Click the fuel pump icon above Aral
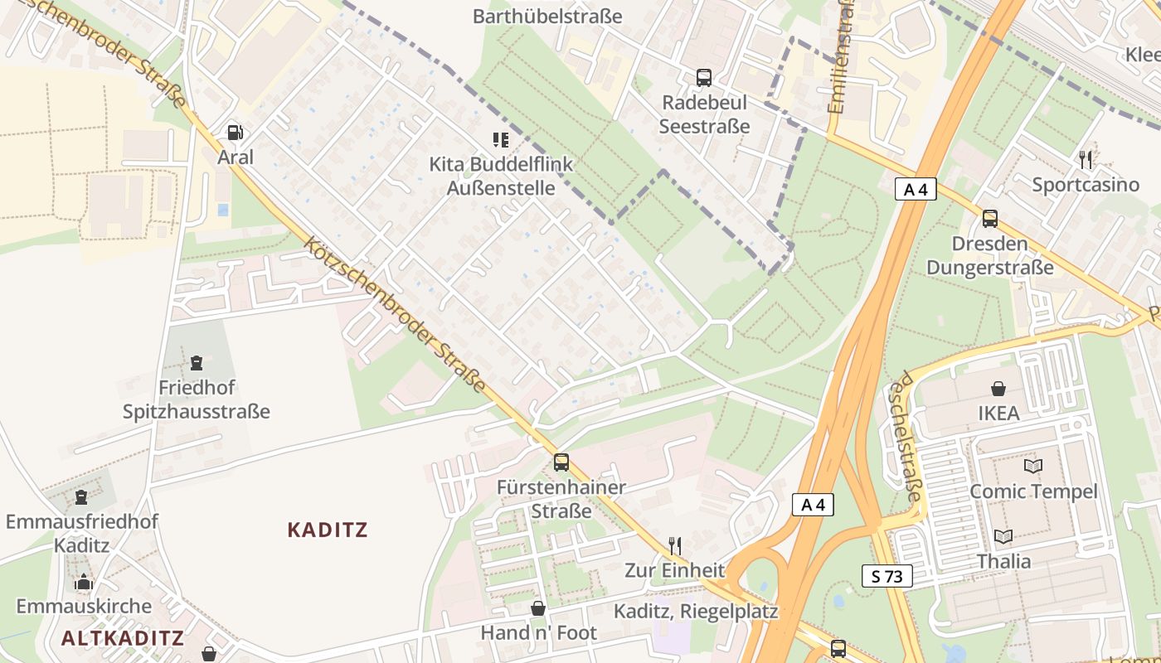coord(235,133)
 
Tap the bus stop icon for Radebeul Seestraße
coord(704,78)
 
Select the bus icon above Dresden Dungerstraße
coord(989,219)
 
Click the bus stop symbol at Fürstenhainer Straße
coord(561,462)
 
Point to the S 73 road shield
coord(887,576)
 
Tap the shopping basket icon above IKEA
coord(998,388)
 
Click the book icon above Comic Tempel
coord(1032,466)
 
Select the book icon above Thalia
coord(1003,536)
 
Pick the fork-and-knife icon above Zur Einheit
coord(675,545)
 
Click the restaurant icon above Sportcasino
coord(1086,158)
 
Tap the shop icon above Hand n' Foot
coord(538,608)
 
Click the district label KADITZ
coord(328,530)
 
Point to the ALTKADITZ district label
coord(123,637)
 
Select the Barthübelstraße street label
coord(547,16)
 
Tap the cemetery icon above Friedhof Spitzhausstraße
coord(197,362)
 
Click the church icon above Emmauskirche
coord(83,582)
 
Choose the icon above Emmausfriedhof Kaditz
coord(81,496)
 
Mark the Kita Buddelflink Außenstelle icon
coord(500,139)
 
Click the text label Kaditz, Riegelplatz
coord(696,612)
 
